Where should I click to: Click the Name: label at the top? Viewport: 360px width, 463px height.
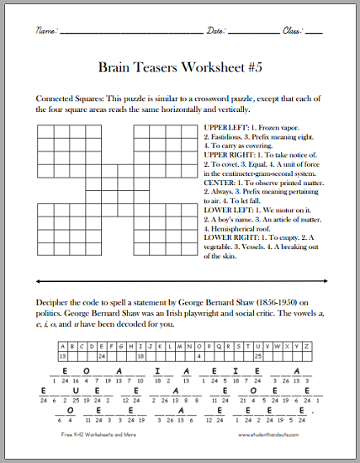point(46,30)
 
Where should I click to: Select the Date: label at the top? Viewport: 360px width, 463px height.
point(216,30)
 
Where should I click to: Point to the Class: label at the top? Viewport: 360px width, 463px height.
point(293,30)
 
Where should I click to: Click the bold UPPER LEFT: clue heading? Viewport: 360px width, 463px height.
point(225,128)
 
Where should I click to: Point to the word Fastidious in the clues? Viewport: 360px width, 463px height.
point(233,138)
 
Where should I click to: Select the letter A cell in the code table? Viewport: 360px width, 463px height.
point(62,344)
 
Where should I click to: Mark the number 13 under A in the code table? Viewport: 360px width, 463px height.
point(62,354)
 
